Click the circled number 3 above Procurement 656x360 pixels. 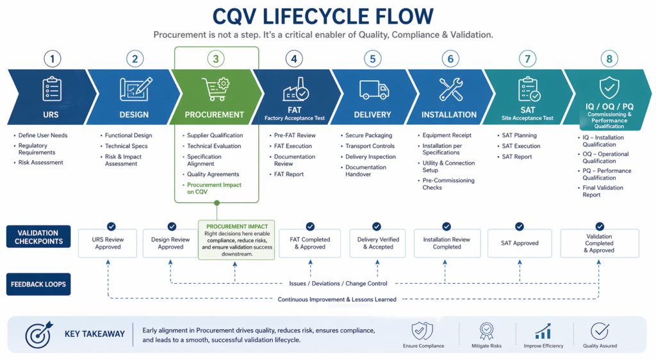click(216, 59)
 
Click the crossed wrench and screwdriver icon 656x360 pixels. click(451, 89)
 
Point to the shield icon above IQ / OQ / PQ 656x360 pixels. click(608, 88)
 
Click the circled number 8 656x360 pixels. click(609, 59)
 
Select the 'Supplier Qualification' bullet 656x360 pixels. click(215, 135)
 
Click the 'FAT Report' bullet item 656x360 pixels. click(289, 174)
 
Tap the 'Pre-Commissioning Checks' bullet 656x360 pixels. click(448, 184)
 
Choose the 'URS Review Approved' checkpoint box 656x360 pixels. click(108, 243)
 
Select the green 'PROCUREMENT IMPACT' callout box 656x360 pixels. click(236, 240)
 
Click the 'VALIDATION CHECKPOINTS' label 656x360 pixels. click(38, 237)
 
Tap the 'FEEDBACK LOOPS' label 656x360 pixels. click(38, 284)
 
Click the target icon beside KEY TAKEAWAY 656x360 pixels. click(38, 334)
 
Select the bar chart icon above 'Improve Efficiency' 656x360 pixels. click(543, 331)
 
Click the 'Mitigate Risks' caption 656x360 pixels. click(486, 346)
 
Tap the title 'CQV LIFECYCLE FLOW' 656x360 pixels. click(323, 15)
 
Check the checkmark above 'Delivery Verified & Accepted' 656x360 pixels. click(377, 226)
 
